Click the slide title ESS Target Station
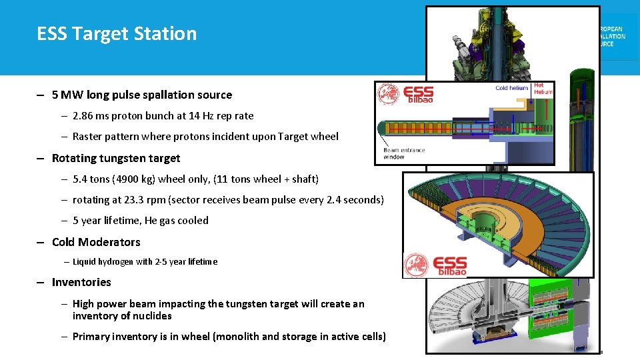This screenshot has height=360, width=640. [x=117, y=33]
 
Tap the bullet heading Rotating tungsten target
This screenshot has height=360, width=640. [x=116, y=158]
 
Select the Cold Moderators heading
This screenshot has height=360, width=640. [x=96, y=242]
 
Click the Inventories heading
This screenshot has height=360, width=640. [x=81, y=282]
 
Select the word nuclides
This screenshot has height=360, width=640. [x=151, y=316]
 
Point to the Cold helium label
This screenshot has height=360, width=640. [x=511, y=88]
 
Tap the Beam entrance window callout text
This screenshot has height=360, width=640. [x=404, y=153]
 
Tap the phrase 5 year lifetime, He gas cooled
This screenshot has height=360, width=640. [x=140, y=221]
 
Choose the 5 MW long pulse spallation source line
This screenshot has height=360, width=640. [x=141, y=95]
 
